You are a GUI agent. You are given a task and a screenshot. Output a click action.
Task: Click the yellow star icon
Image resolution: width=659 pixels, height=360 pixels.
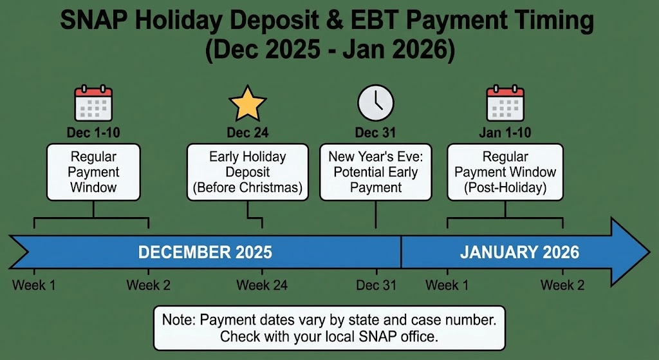tap(248, 105)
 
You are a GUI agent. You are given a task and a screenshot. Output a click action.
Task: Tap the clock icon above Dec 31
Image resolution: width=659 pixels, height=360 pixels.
tap(376, 104)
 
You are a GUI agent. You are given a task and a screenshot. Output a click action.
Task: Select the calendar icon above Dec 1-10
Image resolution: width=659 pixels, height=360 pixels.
tap(94, 104)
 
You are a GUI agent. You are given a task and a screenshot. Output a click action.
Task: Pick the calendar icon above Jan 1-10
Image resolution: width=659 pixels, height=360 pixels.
tap(505, 104)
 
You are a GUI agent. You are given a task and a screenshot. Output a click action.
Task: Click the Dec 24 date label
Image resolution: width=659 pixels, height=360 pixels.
tap(248, 133)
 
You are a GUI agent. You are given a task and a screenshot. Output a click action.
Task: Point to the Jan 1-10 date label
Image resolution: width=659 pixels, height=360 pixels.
tap(505, 133)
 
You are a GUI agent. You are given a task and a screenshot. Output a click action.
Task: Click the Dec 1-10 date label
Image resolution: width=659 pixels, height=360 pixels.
tap(94, 133)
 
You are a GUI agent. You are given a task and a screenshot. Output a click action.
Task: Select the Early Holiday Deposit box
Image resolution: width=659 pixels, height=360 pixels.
tap(248, 172)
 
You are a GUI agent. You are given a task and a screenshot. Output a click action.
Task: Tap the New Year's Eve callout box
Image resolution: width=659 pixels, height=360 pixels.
tap(375, 172)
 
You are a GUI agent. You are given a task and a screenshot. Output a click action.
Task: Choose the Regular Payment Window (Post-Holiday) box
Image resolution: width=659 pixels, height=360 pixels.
tap(505, 172)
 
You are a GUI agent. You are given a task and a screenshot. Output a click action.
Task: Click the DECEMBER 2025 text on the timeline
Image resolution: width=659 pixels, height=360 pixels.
tap(205, 252)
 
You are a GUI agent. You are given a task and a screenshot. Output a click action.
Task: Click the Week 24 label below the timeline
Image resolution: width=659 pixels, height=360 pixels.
tap(262, 285)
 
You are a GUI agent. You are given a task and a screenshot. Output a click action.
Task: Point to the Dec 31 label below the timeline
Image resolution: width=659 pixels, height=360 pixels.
tap(376, 285)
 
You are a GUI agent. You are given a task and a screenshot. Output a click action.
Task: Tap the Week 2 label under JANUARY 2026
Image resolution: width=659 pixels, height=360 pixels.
tap(562, 285)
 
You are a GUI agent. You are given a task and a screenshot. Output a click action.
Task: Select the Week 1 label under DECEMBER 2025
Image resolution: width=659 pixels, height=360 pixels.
tap(33, 285)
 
